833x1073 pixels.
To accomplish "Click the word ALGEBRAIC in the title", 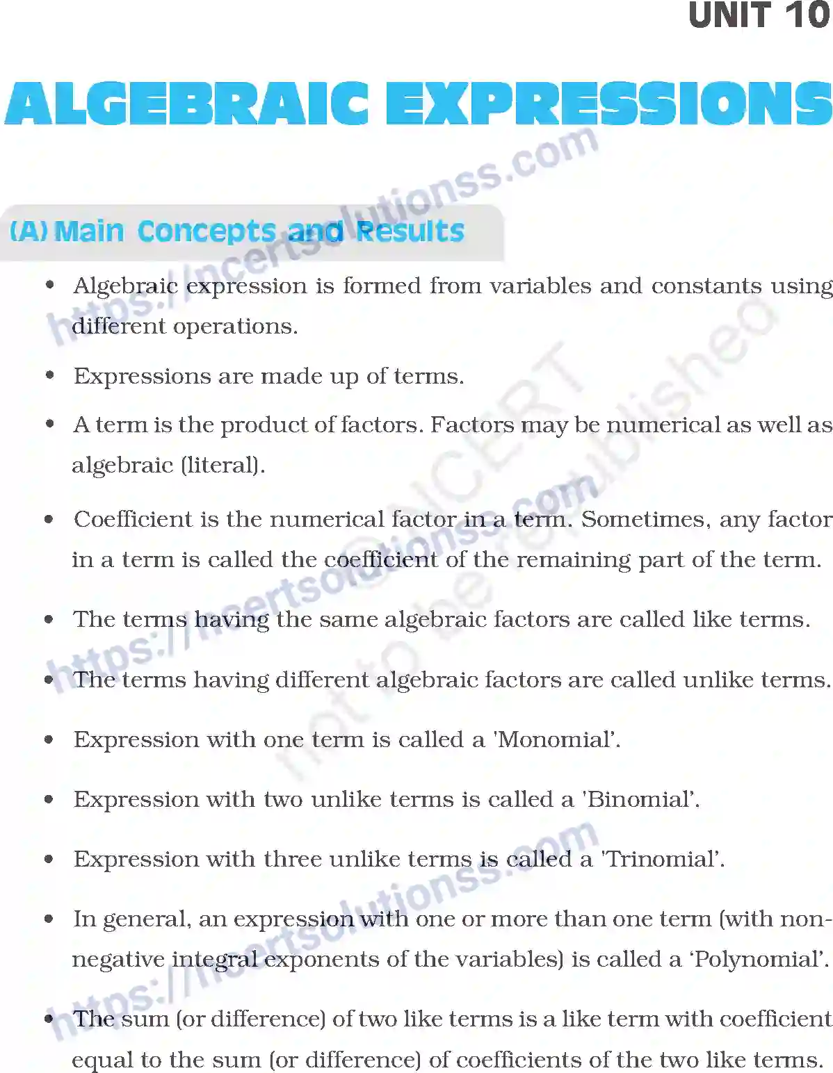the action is click(186, 104).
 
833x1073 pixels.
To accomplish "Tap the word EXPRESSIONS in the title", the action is click(608, 104).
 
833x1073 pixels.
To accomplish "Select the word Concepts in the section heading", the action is click(207, 231).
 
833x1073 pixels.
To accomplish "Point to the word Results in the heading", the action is click(410, 231).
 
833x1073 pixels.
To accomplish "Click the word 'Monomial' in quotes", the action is click(556, 739).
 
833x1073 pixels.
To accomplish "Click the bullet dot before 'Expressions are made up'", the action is click(49, 376).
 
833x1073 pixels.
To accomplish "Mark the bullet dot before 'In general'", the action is click(49, 919).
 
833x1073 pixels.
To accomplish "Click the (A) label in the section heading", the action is click(28, 231).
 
